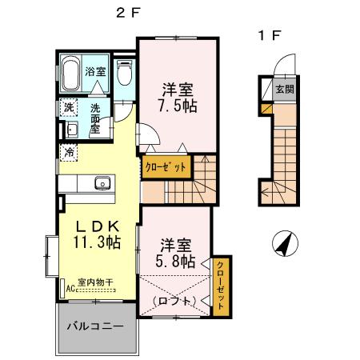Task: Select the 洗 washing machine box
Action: [x=68, y=107]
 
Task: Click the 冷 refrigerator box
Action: [x=70, y=150]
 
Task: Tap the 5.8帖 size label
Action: [x=175, y=260]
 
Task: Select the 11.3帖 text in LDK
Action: [x=97, y=240]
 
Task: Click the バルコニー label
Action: [x=94, y=327]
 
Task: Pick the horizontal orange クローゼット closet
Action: [x=167, y=168]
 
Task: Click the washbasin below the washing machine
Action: [x=70, y=130]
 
